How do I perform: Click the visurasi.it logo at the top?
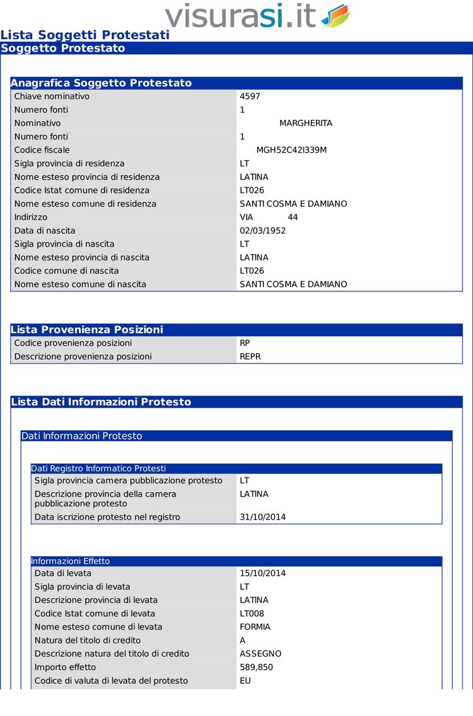point(257,16)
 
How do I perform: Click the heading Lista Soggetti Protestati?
point(85,35)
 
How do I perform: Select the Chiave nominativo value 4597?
point(250,97)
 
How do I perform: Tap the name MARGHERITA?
point(306,123)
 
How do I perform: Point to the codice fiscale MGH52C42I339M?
point(291,150)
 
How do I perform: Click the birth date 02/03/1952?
point(263,230)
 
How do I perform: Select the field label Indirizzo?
point(31,217)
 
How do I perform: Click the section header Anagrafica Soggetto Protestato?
point(101,83)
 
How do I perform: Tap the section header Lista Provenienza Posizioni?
point(87,330)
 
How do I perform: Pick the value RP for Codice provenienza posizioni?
point(245,343)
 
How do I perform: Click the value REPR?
point(250,356)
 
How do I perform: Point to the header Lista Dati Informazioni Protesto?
point(101,402)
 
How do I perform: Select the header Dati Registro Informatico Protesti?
point(98,468)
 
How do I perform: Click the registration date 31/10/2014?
point(263,517)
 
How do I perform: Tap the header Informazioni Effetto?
point(71,561)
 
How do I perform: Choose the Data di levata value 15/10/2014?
point(263,573)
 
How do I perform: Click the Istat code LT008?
point(252,613)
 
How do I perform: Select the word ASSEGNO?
point(260,654)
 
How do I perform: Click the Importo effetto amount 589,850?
point(257,667)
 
